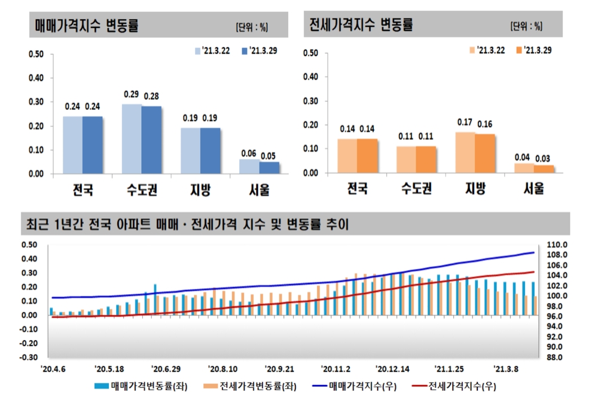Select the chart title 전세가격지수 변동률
click(361, 25)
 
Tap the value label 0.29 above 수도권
click(132, 94)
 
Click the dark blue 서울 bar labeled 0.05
click(269, 167)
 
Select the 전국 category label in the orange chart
click(357, 189)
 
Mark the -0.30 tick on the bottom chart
click(29, 357)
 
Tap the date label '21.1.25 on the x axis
click(448, 369)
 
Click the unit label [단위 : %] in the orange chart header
click(526, 26)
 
